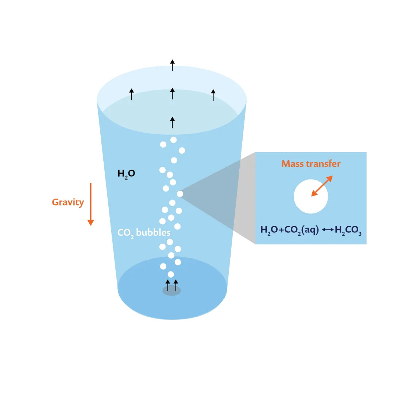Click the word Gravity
point(68,202)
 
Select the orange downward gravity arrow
point(91,204)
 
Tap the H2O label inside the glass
point(126,174)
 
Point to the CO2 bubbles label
point(144,232)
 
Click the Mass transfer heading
point(311,164)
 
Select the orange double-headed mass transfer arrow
point(322,186)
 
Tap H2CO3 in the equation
point(348,230)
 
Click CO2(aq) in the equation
point(301,230)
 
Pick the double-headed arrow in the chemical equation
point(328,230)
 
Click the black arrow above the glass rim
point(173,65)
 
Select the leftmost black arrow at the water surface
point(132,94)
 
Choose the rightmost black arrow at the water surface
point(213,95)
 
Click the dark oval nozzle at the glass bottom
point(171,291)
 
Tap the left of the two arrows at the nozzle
point(168,285)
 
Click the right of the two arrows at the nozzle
point(176,285)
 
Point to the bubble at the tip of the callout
point(180,194)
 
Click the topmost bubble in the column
point(173,140)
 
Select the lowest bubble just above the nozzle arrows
point(171,274)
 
